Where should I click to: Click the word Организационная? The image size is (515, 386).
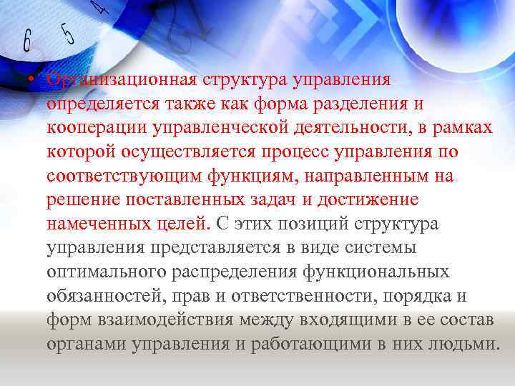(119, 80)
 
